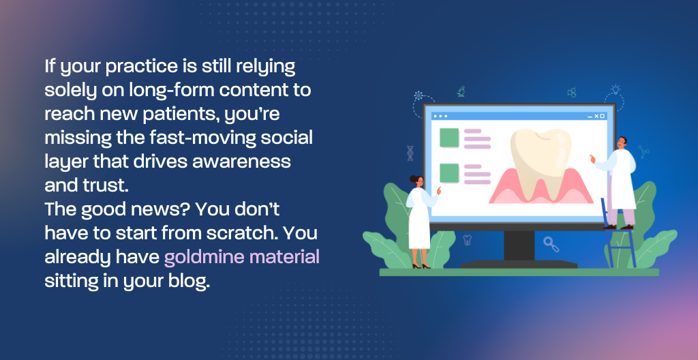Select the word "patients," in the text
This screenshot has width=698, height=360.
[181, 115]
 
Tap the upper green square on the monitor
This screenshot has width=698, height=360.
[449, 138]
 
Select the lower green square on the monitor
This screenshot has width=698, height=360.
[449, 173]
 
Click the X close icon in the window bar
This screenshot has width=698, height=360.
[596, 117]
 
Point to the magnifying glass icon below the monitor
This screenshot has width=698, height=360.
[551, 243]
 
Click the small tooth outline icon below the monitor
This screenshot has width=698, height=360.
[467, 240]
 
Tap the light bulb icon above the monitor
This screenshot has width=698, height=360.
[616, 89]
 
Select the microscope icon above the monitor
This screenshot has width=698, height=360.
[461, 91]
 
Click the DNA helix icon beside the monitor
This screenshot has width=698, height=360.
[410, 153]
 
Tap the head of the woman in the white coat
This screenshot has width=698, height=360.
[416, 181]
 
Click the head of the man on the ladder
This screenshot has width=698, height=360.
[622, 142]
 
